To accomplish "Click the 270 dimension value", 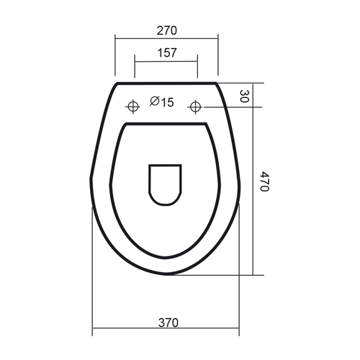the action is tap(167, 30).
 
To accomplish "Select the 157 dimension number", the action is tap(167, 53).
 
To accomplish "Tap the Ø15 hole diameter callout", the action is tap(161, 102).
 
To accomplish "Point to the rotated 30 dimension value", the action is tap(244, 96).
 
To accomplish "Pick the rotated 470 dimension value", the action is tap(265, 181).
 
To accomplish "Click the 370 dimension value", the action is tap(168, 323).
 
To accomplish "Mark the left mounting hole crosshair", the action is tap(132, 107).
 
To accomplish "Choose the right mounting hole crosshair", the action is tap(195, 107).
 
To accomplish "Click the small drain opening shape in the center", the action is tap(165, 185).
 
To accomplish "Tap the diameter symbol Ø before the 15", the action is tap(155, 102).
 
